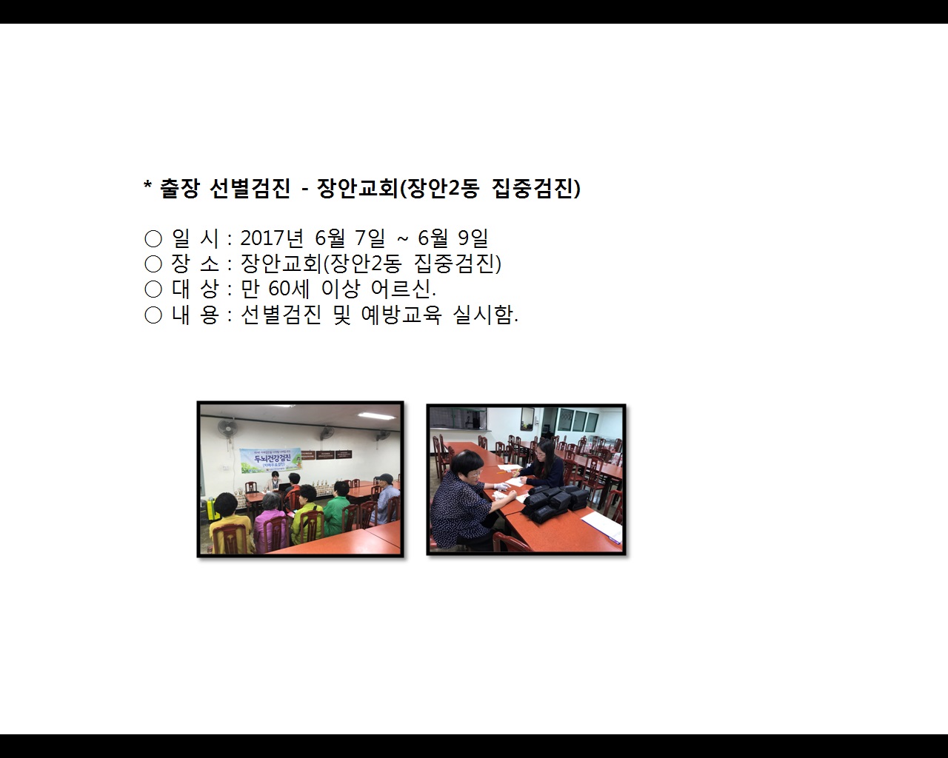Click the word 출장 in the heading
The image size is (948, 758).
click(180, 189)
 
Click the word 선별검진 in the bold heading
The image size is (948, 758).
click(250, 189)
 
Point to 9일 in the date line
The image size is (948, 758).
click(473, 238)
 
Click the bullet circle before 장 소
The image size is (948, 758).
click(153, 264)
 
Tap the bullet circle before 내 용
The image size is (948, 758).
click(153, 315)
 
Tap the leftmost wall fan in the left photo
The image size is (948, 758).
click(227, 429)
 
